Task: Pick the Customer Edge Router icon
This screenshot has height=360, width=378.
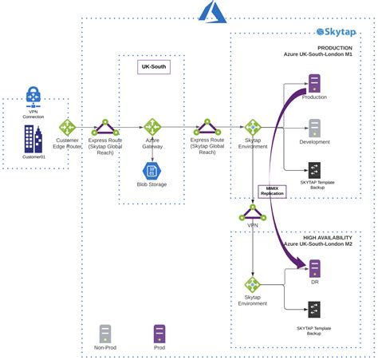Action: tap(66, 127)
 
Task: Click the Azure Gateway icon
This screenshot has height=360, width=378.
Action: tap(152, 127)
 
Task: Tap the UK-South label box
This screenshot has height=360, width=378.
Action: tap(152, 66)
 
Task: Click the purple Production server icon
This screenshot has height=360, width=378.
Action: tap(314, 81)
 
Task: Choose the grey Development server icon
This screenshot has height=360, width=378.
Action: tap(314, 128)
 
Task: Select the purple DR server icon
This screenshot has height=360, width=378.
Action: tap(314, 270)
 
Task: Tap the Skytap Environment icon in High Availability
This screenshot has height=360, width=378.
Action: tap(253, 285)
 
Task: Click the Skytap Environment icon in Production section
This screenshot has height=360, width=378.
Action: tap(253, 127)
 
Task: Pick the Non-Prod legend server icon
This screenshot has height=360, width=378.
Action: tap(104, 333)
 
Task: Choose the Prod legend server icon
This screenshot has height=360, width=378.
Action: tap(159, 333)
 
